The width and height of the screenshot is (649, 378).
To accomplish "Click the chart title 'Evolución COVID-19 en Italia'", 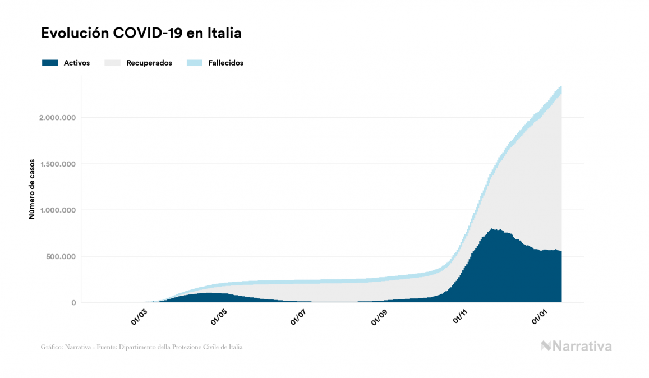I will pyautogui.click(x=141, y=33).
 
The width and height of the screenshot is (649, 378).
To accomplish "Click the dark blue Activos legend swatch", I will pyautogui.click(x=50, y=63).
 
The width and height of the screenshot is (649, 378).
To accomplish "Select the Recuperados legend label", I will pyautogui.click(x=149, y=63).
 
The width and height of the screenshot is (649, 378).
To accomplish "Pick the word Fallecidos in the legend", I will pyautogui.click(x=225, y=63).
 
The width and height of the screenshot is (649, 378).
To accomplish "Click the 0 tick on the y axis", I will pyautogui.click(x=73, y=303).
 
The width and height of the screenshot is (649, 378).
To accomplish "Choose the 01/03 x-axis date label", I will pyautogui.click(x=139, y=317).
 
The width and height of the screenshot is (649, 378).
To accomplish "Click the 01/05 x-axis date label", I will pyautogui.click(x=219, y=317).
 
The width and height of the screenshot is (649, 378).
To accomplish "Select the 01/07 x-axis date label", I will pyautogui.click(x=298, y=317).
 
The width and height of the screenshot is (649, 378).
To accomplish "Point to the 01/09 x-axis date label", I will pyautogui.click(x=379, y=317).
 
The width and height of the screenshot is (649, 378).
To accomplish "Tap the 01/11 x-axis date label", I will pyautogui.click(x=460, y=317).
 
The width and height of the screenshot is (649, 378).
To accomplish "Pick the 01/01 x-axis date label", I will pyautogui.click(x=540, y=317).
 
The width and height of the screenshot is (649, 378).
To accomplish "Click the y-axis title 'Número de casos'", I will pyautogui.click(x=32, y=189).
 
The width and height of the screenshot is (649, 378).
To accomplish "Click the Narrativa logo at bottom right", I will pyautogui.click(x=576, y=346).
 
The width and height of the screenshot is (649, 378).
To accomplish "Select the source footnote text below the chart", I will pyautogui.click(x=142, y=347).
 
